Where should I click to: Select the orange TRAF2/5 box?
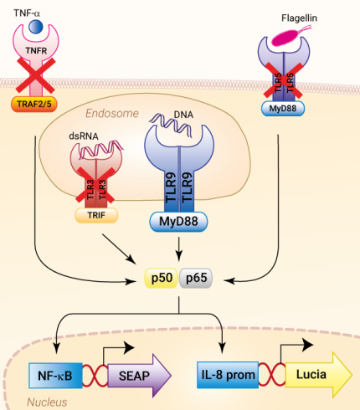click(36, 105)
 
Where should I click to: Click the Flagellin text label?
click(309, 17)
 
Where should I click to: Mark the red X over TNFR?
click(35, 74)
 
